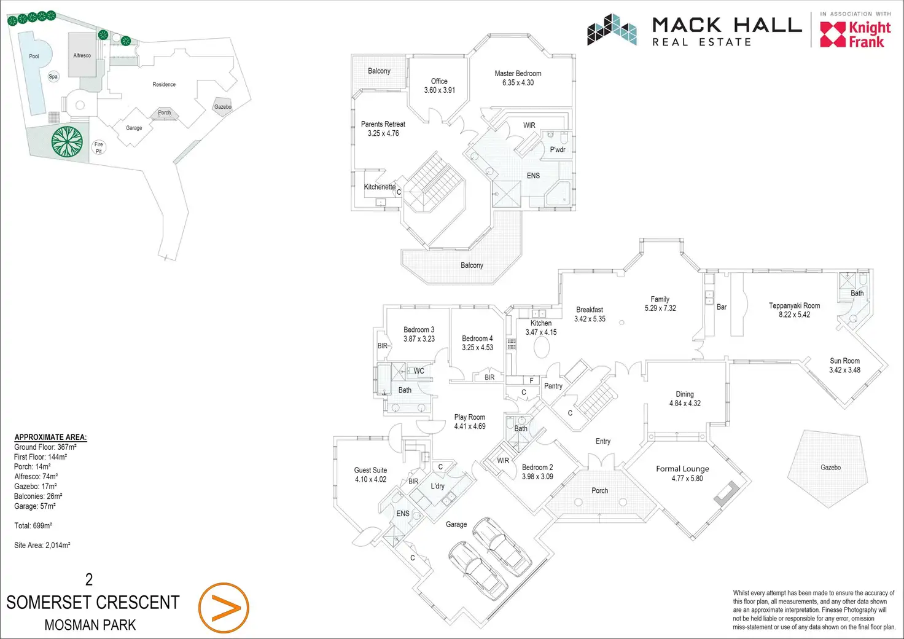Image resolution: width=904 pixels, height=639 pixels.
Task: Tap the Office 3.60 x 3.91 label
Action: click(x=439, y=85)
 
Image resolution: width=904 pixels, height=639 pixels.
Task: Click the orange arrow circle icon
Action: click(x=224, y=608)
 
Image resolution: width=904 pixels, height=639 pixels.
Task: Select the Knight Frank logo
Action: click(x=855, y=34)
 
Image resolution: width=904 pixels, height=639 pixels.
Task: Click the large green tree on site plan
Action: click(x=67, y=141)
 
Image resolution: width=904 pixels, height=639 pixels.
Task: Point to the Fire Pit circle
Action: click(x=99, y=147)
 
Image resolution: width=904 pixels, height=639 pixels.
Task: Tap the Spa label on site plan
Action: click(x=53, y=76)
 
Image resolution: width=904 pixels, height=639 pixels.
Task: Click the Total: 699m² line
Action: click(x=33, y=525)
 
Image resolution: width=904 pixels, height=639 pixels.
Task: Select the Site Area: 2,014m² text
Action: click(x=42, y=545)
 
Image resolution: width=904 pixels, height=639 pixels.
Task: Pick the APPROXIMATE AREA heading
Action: click(x=50, y=437)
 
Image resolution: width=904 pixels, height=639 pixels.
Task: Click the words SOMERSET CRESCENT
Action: click(x=93, y=602)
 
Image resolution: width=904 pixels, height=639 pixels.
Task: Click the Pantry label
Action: click(x=553, y=386)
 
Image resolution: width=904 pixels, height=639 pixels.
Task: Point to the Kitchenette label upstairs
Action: click(x=380, y=187)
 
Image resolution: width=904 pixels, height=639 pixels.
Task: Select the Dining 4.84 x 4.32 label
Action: click(x=685, y=399)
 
